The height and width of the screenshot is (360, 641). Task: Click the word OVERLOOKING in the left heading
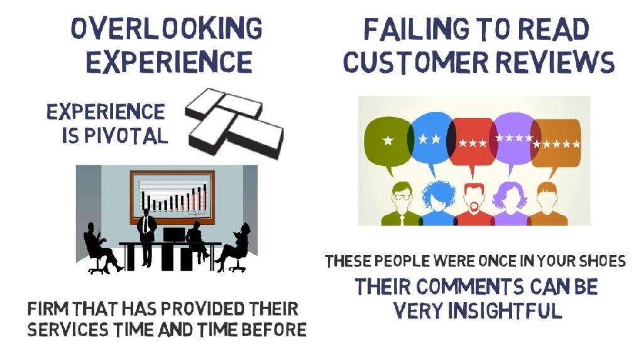(167, 29)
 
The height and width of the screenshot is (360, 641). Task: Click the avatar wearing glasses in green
(402, 203)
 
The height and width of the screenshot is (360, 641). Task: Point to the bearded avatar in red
(473, 204)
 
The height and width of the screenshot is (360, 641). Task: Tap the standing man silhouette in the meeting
(147, 236)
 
